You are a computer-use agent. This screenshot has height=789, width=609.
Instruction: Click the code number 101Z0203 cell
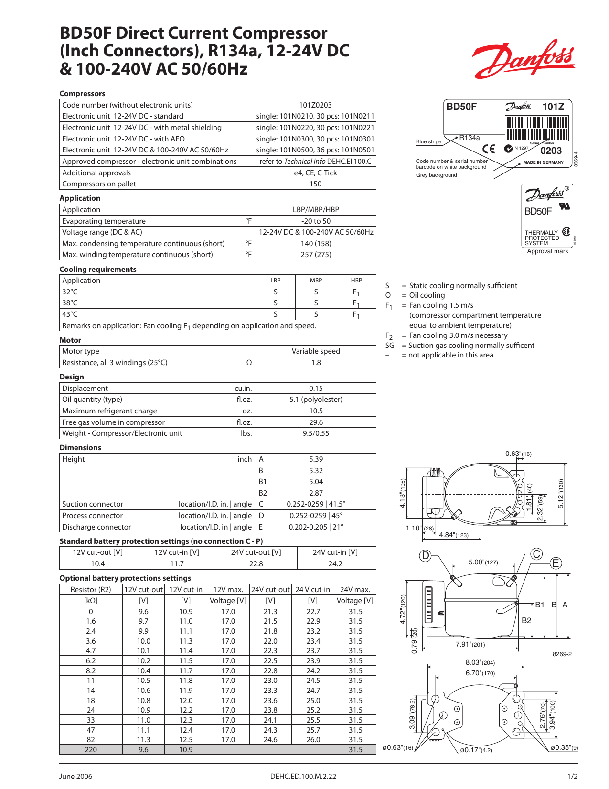pyautogui.click(x=315, y=105)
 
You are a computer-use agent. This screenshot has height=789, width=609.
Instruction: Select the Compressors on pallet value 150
pyautogui.click(x=315, y=184)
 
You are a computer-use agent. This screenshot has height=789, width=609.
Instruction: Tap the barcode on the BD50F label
pyautogui.click(x=536, y=128)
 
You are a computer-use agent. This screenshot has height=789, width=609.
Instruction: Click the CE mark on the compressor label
pyautogui.click(x=489, y=149)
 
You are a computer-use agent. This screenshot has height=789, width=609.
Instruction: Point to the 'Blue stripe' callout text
pyautogui.click(x=428, y=141)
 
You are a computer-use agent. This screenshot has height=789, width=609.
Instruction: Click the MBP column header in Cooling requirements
pyautogui.click(x=316, y=281)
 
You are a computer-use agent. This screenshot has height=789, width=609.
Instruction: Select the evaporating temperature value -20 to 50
pyautogui.click(x=315, y=221)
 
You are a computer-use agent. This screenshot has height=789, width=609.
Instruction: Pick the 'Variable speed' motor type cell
pyautogui.click(x=316, y=351)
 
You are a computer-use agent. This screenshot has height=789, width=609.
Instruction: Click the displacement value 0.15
pyautogui.click(x=316, y=389)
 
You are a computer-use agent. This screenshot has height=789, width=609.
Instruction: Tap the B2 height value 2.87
pyautogui.click(x=316, y=493)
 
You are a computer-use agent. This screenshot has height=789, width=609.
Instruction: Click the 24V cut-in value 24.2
pyautogui.click(x=335, y=564)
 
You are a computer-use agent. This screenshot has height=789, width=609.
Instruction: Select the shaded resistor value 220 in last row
pyautogui.click(x=91, y=750)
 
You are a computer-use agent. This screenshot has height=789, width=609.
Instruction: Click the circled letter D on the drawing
pyautogui.click(x=425, y=556)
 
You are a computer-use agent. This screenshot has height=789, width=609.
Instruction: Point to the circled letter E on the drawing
pyautogui.click(x=556, y=563)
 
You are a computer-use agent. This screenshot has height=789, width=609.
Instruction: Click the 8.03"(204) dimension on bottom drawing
pyautogui.click(x=480, y=662)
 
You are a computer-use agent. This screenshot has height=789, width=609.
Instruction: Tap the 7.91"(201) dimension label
pyautogui.click(x=470, y=644)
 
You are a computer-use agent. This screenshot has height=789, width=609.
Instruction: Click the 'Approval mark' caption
pyautogui.click(x=547, y=251)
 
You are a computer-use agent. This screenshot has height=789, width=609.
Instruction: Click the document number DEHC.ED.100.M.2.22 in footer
pyautogui.click(x=303, y=777)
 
